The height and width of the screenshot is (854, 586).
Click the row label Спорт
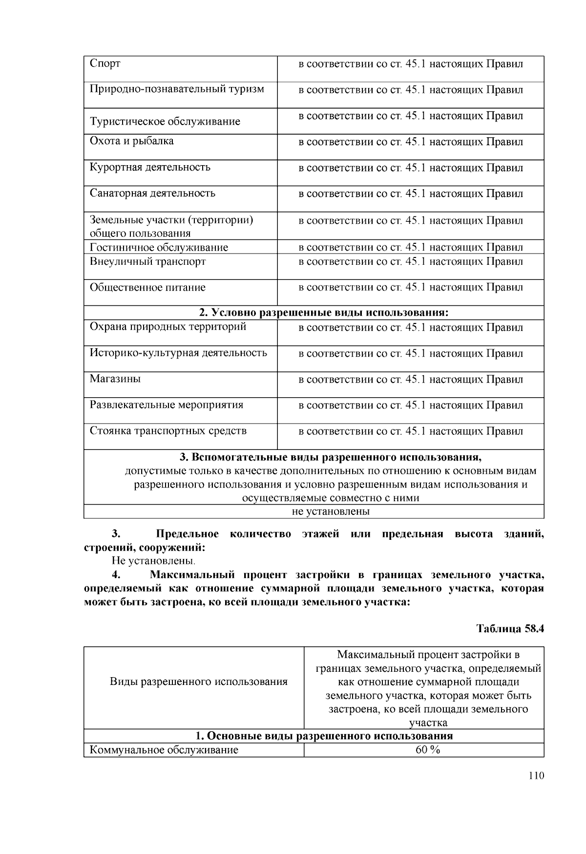click(105, 64)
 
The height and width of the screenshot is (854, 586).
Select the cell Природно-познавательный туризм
click(177, 89)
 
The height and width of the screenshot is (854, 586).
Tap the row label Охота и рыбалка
click(131, 141)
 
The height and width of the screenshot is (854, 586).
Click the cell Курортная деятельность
click(150, 167)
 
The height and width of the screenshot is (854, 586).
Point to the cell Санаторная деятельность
click(152, 193)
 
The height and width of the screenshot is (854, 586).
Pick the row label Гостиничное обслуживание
click(159, 247)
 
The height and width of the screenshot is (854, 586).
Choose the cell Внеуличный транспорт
click(147, 261)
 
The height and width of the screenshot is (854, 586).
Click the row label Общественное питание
click(147, 287)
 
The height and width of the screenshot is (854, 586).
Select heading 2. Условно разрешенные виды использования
click(323, 313)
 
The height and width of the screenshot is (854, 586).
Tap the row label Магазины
click(115, 379)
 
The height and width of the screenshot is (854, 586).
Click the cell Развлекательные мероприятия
click(166, 405)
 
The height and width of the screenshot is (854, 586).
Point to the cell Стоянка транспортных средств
click(168, 431)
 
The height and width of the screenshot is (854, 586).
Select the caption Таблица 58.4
click(510, 629)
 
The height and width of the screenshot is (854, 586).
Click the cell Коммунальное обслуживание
click(164, 750)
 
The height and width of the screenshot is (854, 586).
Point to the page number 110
click(536, 776)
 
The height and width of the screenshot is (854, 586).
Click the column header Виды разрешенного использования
click(198, 682)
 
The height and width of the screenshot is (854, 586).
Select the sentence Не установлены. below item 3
click(153, 561)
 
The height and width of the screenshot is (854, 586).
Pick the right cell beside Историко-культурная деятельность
click(410, 354)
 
